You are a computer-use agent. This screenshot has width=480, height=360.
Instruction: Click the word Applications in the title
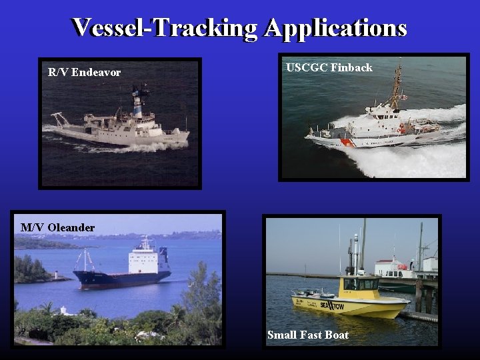[335, 28]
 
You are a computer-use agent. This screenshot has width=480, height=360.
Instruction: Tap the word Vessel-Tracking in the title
[165, 28]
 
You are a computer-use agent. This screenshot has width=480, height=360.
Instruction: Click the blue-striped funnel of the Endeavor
[138, 105]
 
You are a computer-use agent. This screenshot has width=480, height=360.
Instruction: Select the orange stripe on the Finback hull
[346, 141]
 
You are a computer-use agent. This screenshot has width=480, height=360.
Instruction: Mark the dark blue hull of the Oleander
[120, 279]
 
